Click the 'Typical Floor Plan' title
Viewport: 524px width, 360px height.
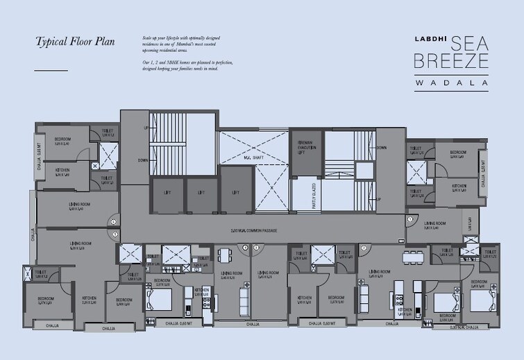coord(75,41)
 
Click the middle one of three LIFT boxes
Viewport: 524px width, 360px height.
coord(201,193)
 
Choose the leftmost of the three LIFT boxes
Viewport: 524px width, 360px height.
coord(167,193)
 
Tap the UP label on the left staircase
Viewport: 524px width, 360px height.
coord(146,128)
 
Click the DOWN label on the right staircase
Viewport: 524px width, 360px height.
coord(381,148)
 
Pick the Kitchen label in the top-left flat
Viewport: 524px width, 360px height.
coord(62,171)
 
